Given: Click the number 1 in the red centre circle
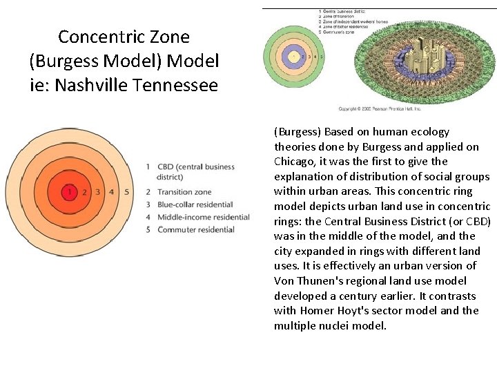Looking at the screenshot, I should [69, 191].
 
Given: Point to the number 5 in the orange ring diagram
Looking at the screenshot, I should [126, 191].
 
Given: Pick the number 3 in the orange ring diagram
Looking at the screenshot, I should [98, 191].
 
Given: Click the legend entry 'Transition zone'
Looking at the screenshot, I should [184, 192].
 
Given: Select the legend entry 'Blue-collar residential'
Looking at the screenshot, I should [195, 204].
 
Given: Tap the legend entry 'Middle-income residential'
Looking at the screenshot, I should [203, 217].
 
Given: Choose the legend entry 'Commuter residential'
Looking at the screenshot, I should [196, 229].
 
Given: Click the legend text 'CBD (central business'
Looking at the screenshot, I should [196, 166].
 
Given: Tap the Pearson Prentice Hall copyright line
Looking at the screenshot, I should [379, 108].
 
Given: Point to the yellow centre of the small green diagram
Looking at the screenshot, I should [295, 55].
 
